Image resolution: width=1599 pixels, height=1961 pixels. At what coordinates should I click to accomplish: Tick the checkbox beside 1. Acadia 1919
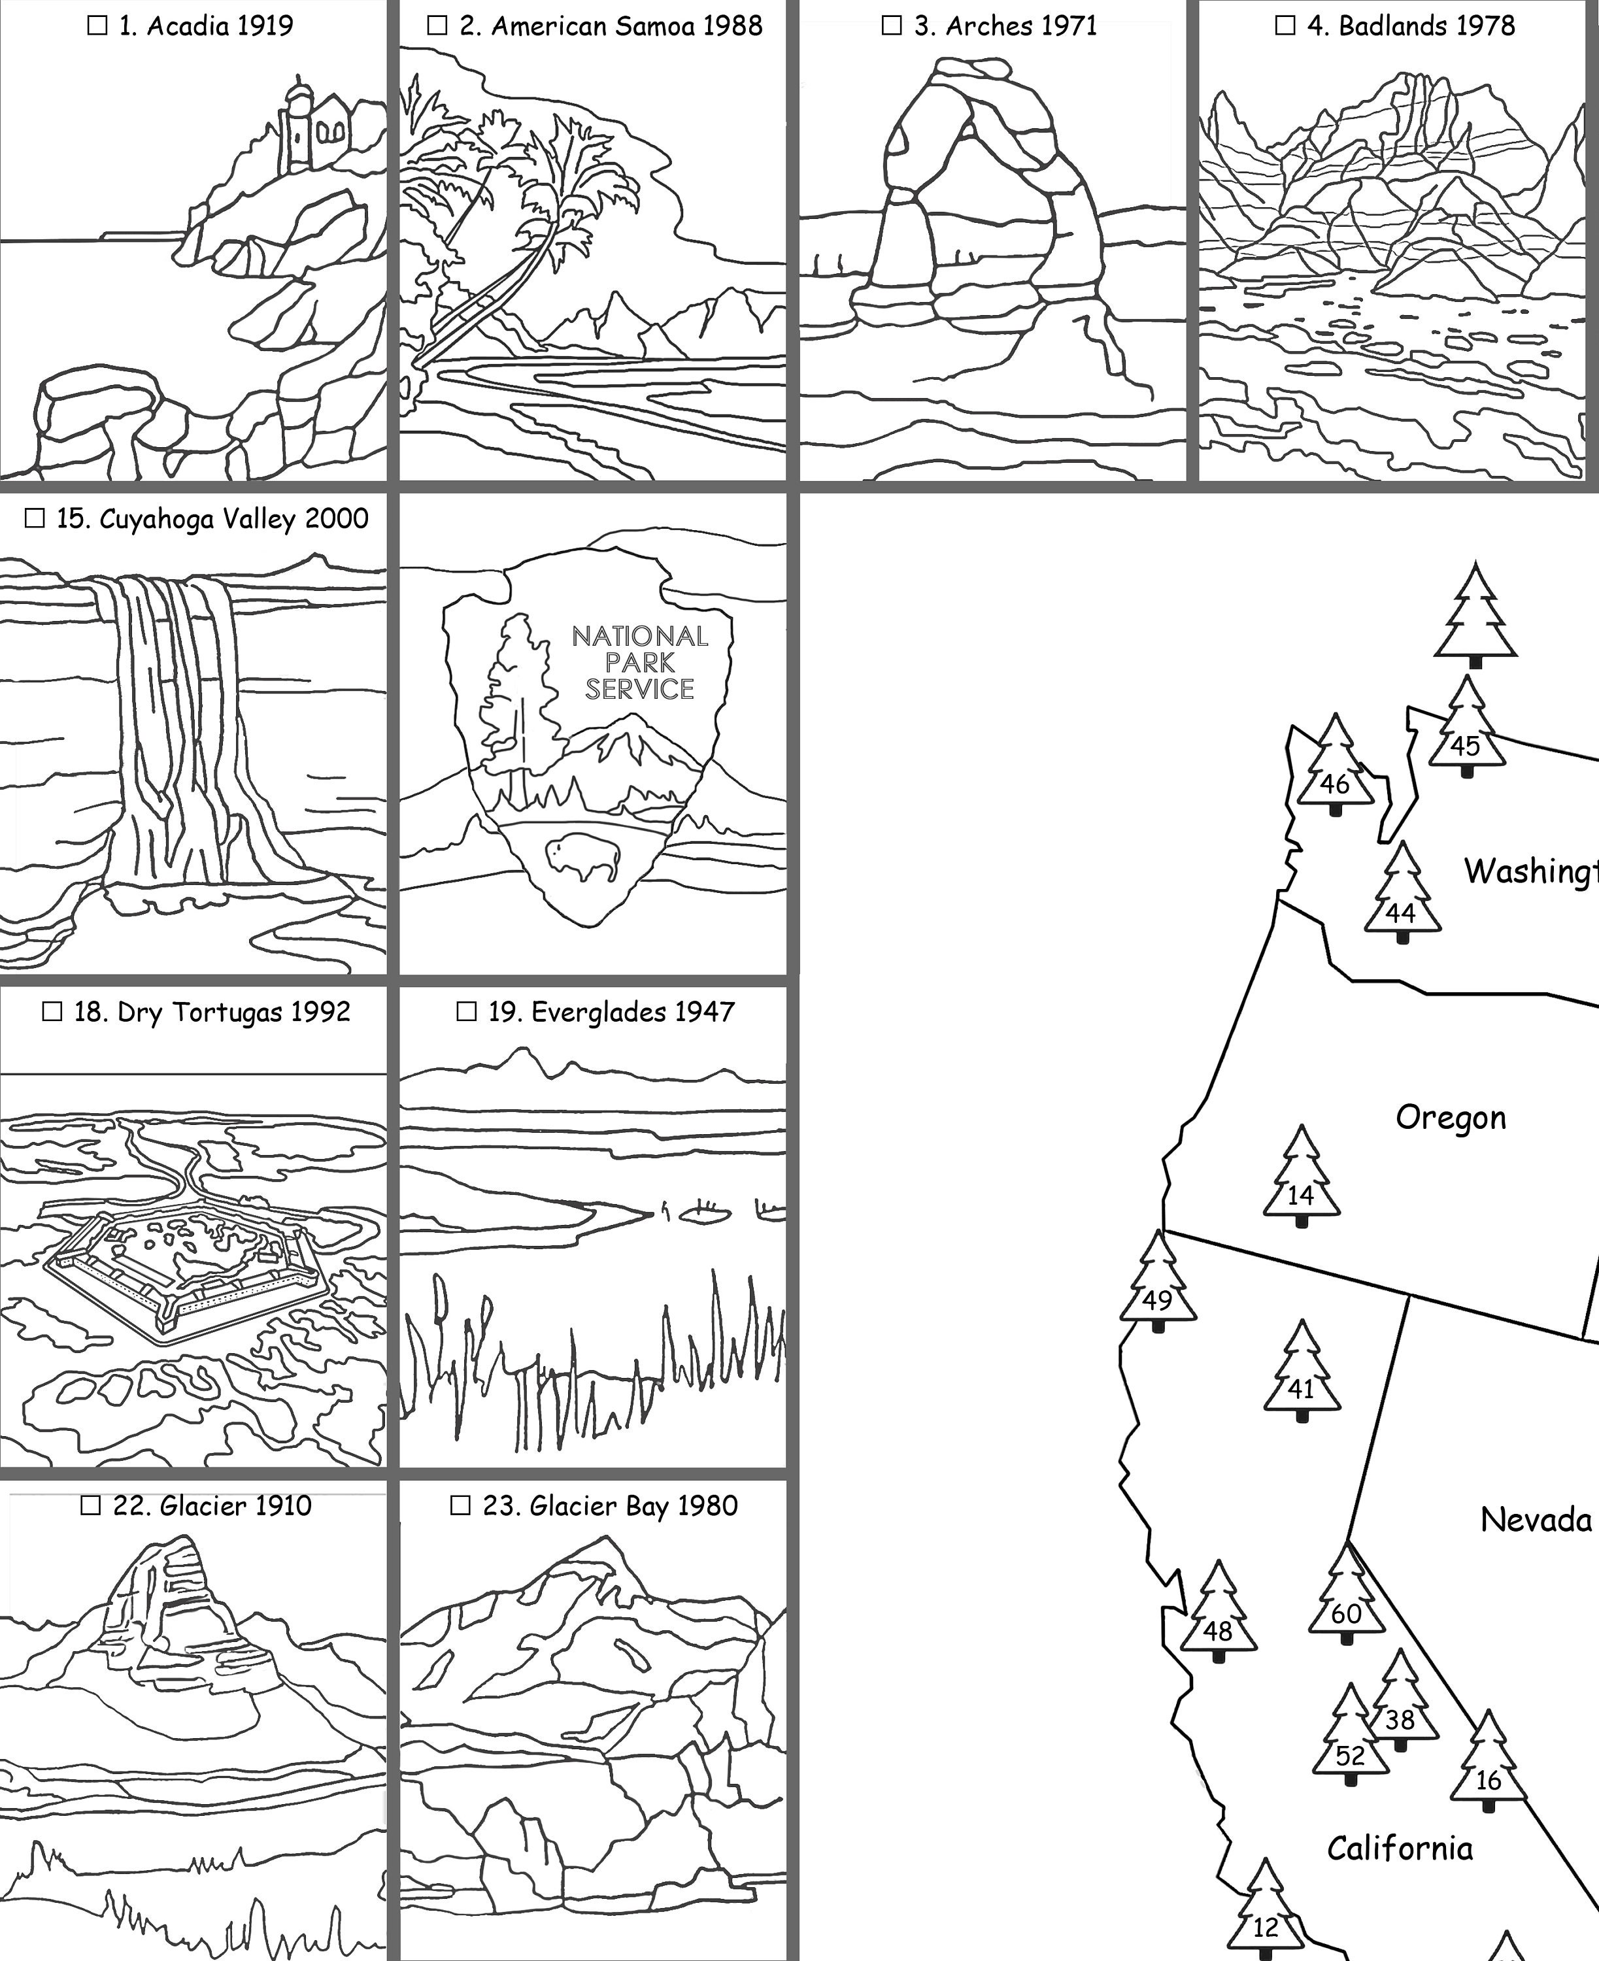pos(97,25)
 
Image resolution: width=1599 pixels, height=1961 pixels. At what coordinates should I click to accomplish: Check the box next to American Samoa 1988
pos(437,25)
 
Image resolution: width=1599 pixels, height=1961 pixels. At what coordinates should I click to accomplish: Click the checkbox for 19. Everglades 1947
pos(467,1013)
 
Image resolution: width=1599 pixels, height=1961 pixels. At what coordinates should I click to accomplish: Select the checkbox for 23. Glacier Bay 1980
pos(460,1506)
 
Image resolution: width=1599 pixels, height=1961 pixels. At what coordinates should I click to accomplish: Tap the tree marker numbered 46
pos(1335,766)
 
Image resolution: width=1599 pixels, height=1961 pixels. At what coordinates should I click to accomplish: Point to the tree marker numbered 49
pos(1158,1283)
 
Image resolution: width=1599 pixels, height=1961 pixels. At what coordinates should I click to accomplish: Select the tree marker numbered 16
pos(1488,1763)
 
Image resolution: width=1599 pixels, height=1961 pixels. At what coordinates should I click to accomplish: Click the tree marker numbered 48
pos(1218,1613)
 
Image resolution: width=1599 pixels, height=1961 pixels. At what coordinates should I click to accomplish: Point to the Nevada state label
pos(1536,1520)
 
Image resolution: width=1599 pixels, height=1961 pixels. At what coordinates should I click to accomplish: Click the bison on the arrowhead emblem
pos(583,856)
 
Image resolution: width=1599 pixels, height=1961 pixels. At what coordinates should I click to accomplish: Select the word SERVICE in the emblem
pos(639,689)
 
